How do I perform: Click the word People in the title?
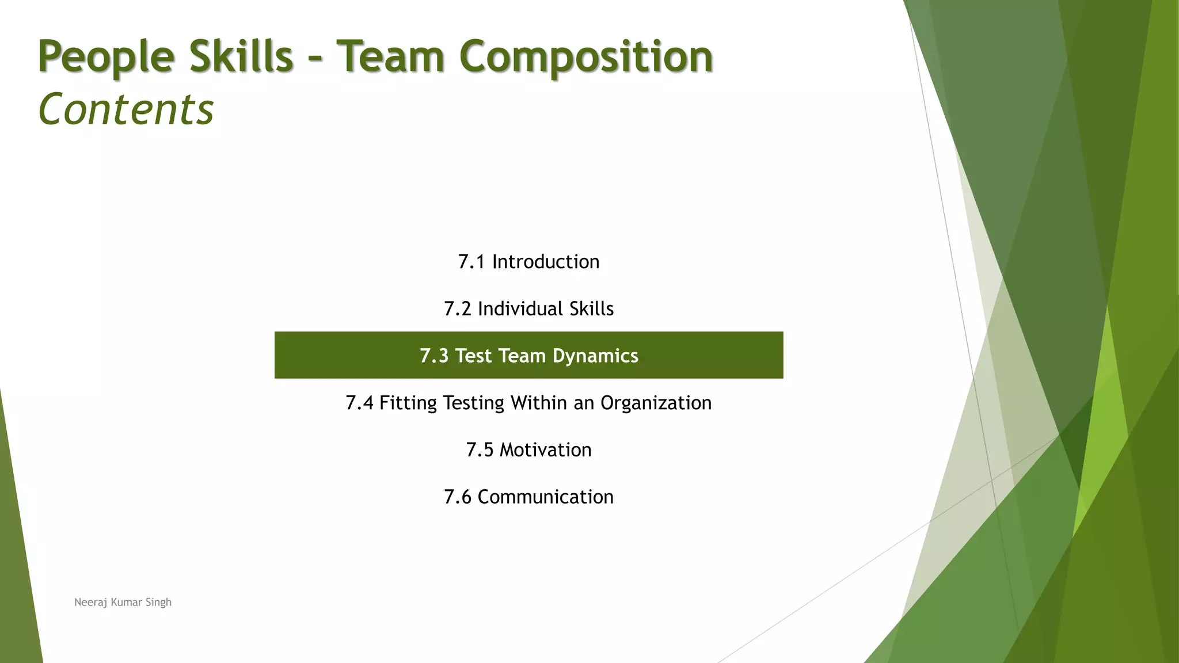click(x=106, y=57)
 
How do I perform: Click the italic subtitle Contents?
click(x=126, y=109)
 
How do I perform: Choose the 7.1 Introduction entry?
click(x=528, y=262)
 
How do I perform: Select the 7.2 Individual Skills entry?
click(x=528, y=309)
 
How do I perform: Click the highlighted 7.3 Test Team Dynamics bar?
click(x=528, y=356)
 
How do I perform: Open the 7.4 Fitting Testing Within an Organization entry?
click(x=528, y=403)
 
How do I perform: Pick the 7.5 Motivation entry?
click(x=528, y=450)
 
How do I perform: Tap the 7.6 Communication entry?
click(x=528, y=497)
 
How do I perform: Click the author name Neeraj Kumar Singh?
click(x=123, y=603)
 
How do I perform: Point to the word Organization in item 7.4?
click(x=656, y=403)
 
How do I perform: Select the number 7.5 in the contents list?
click(x=480, y=450)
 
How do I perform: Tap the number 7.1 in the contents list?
click(x=471, y=262)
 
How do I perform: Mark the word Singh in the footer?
click(x=158, y=603)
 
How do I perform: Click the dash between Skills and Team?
click(x=314, y=59)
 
